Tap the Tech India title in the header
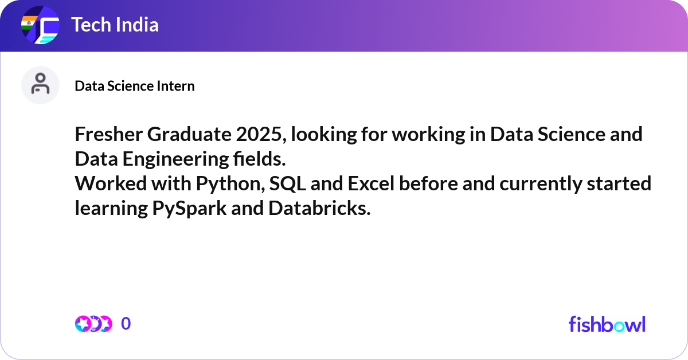[115, 25]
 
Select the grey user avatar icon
[40, 85]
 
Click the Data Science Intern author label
[135, 86]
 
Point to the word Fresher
[108, 135]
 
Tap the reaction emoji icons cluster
[93, 324]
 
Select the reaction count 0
[126, 324]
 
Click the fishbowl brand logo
[607, 324]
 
